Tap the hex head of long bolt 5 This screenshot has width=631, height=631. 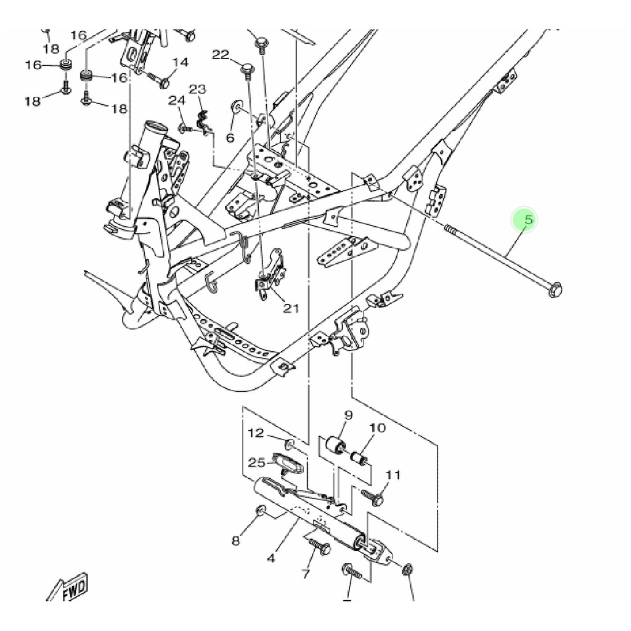555,289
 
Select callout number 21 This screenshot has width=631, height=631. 291,308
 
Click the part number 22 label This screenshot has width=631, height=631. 221,55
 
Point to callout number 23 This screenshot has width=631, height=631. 197,89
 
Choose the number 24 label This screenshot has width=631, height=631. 177,100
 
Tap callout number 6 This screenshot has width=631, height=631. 230,137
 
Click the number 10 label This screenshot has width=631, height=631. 377,428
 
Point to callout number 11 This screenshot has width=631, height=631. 393,474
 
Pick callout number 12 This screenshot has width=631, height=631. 256,433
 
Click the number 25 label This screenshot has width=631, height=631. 256,462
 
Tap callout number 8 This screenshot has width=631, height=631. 235,541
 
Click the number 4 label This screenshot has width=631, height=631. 271,560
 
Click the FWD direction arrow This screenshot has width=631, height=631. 69,587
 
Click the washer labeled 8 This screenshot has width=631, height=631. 260,511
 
